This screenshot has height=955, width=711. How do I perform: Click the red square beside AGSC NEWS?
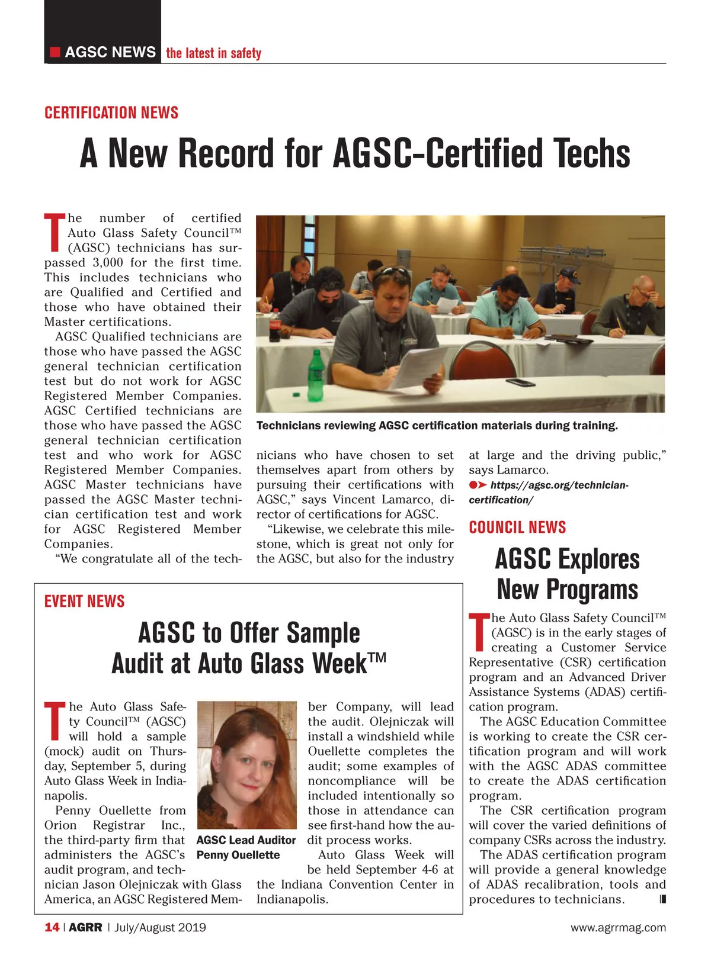click(x=55, y=52)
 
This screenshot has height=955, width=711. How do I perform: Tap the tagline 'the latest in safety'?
click(x=213, y=53)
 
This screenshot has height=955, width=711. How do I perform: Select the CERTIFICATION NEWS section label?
click(x=111, y=112)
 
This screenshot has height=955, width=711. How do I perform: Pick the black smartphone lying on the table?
click(x=521, y=382)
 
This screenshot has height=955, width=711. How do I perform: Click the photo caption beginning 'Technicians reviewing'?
click(x=437, y=426)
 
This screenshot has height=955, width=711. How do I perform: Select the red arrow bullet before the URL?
click(x=478, y=485)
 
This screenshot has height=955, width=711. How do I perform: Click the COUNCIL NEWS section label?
click(x=517, y=528)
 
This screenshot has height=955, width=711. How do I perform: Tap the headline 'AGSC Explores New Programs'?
click(x=567, y=574)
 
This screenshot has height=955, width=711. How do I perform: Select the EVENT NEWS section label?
click(x=84, y=602)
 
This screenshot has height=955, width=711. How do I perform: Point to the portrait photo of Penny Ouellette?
click(x=246, y=764)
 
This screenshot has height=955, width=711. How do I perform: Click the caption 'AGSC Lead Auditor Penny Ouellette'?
click(x=245, y=847)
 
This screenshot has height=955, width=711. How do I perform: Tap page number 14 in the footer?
click(x=52, y=927)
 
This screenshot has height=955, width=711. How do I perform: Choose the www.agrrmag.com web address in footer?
click(x=618, y=928)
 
